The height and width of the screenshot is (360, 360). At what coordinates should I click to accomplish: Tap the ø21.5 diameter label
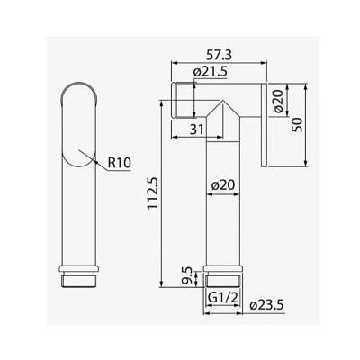point(211,72)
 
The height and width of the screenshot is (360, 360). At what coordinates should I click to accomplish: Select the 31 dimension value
point(197,130)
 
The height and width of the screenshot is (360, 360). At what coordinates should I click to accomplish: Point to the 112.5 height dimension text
point(153,193)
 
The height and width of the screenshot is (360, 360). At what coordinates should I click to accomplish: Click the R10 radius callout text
point(120,163)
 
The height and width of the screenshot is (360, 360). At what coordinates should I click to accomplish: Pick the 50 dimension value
point(298,125)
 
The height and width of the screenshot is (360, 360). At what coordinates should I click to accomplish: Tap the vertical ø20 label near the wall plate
point(278,101)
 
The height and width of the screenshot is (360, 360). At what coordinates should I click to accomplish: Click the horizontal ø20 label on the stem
point(223,185)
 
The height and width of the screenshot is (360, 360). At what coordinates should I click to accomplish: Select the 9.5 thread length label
point(187,275)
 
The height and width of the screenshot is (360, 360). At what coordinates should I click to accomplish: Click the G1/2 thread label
point(223,298)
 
